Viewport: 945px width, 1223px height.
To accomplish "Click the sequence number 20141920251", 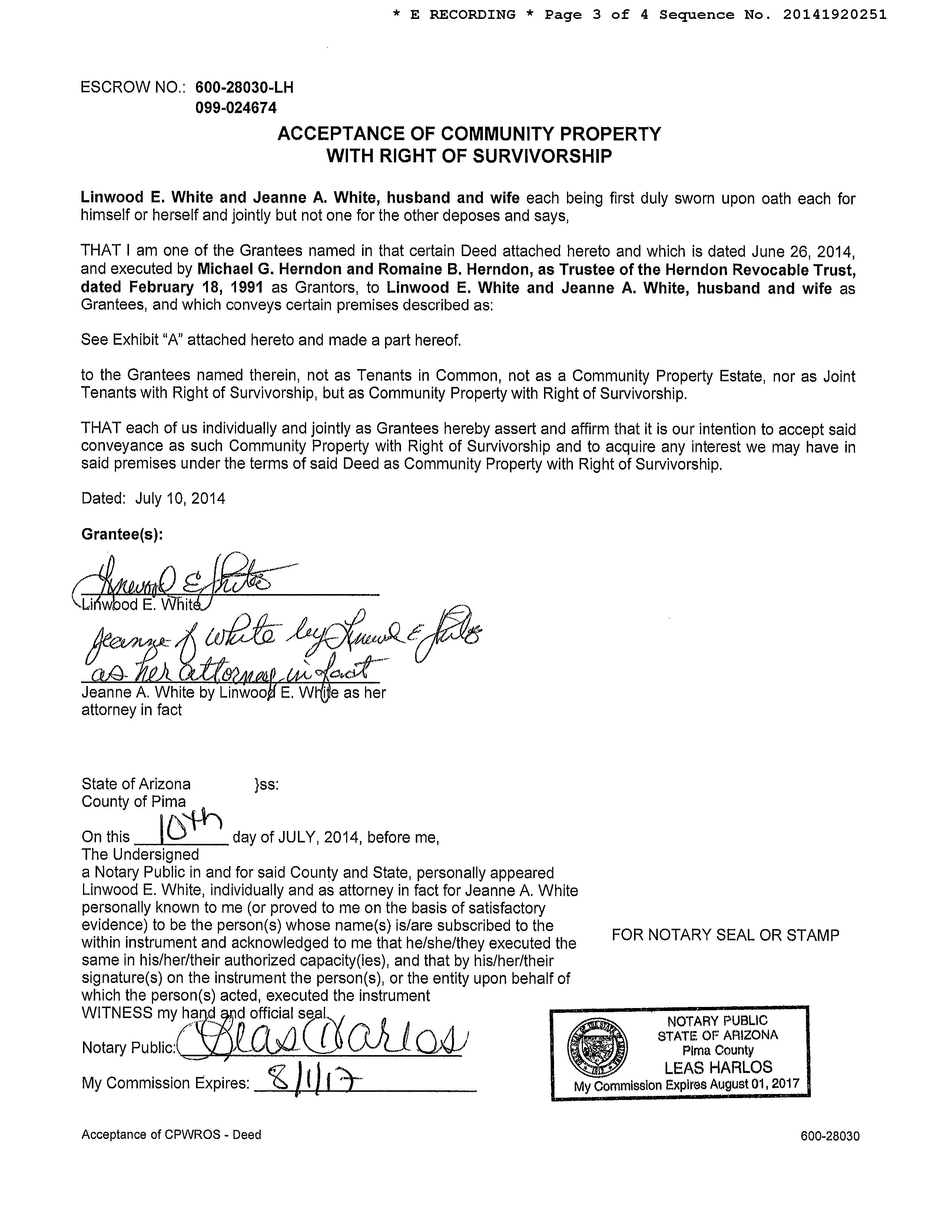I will pos(835,15).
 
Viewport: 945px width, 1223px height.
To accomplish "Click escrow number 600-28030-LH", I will pos(244,87).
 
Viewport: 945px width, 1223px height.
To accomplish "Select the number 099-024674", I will pos(236,107).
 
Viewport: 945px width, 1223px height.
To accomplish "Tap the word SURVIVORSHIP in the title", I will pos(542,156).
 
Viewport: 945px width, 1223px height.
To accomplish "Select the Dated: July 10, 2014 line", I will pos(153,498).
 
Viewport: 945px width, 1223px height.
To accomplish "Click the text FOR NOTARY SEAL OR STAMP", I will pos(725,935).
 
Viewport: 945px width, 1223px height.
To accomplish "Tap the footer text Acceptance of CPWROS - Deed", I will pos(171,1134).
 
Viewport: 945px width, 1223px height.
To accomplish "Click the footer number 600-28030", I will pos(830,1136).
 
